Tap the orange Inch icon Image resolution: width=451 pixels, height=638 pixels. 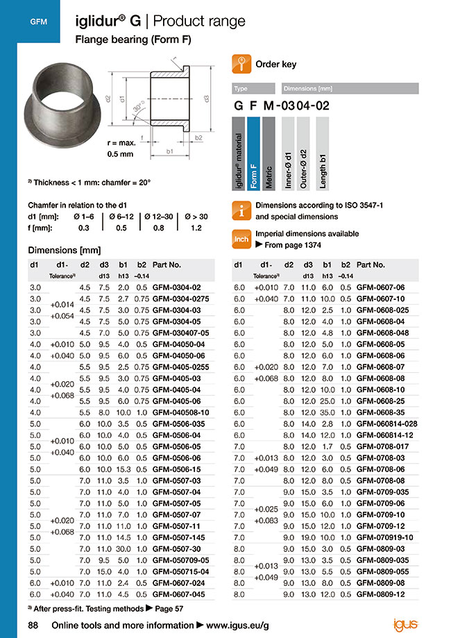[240, 240]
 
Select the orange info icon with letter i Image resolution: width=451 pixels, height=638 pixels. [240, 211]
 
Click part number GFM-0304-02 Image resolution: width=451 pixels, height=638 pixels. [176, 287]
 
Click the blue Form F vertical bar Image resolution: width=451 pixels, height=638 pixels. [253, 154]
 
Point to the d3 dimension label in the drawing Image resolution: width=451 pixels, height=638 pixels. [206, 99]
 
